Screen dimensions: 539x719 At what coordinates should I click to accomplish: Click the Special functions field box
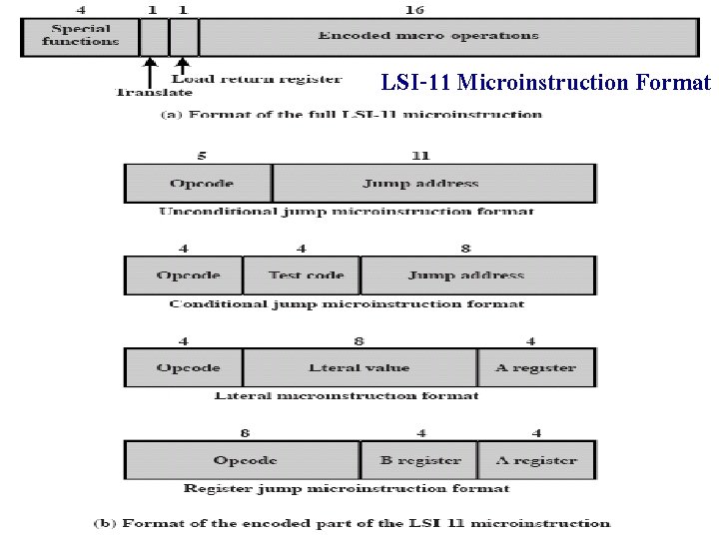[x=80, y=37]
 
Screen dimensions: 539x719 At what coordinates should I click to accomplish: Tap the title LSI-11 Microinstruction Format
[x=545, y=82]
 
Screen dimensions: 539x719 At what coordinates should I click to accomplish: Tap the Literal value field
[x=359, y=367]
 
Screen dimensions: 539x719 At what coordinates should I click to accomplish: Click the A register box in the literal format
[x=536, y=367]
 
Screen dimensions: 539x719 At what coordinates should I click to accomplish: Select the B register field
[x=419, y=460]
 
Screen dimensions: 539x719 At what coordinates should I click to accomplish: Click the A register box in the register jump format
[x=536, y=460]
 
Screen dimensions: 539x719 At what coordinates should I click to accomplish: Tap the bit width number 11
[x=420, y=156]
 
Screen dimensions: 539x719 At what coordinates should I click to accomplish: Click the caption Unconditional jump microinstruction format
[x=346, y=212]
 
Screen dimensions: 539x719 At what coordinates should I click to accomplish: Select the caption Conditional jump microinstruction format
[x=346, y=303]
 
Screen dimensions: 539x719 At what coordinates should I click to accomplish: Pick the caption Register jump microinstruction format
[x=346, y=489]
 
